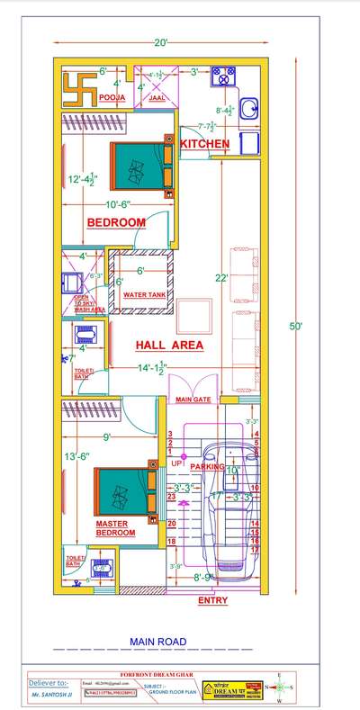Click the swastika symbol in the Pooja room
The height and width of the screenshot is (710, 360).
point(76,85)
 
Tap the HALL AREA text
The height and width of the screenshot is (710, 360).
point(168,345)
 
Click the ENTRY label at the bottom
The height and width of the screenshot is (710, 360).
point(212,600)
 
